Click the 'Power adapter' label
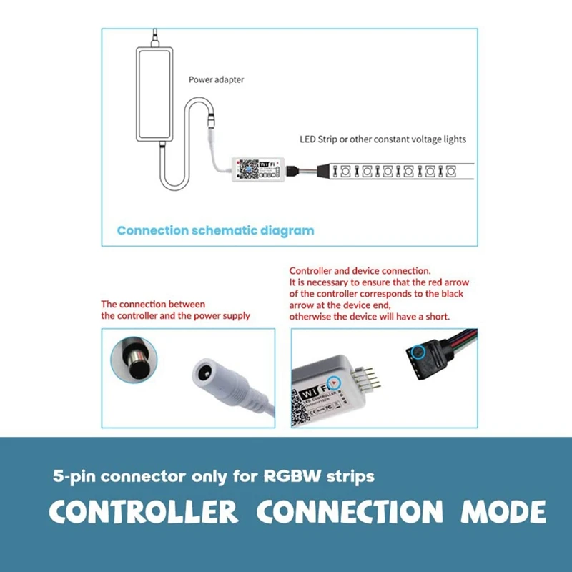tap(216, 79)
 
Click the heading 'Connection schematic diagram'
tap(215, 230)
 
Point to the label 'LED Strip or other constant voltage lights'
tap(383, 139)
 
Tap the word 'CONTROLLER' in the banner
tap(143, 512)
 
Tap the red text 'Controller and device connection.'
tap(360, 271)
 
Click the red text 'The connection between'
tap(153, 304)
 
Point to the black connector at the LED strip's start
tap(322, 171)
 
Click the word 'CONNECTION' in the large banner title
tap(350, 512)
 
